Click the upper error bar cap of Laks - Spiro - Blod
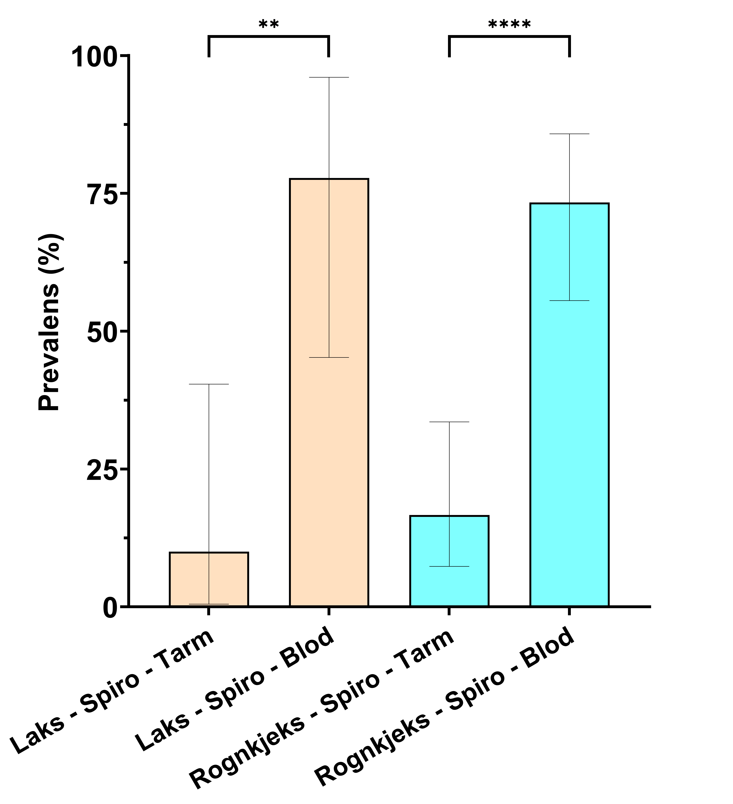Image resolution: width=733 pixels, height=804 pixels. pyautogui.click(x=329, y=77)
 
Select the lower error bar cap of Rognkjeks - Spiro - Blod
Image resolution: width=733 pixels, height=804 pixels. pyautogui.click(x=569, y=300)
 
